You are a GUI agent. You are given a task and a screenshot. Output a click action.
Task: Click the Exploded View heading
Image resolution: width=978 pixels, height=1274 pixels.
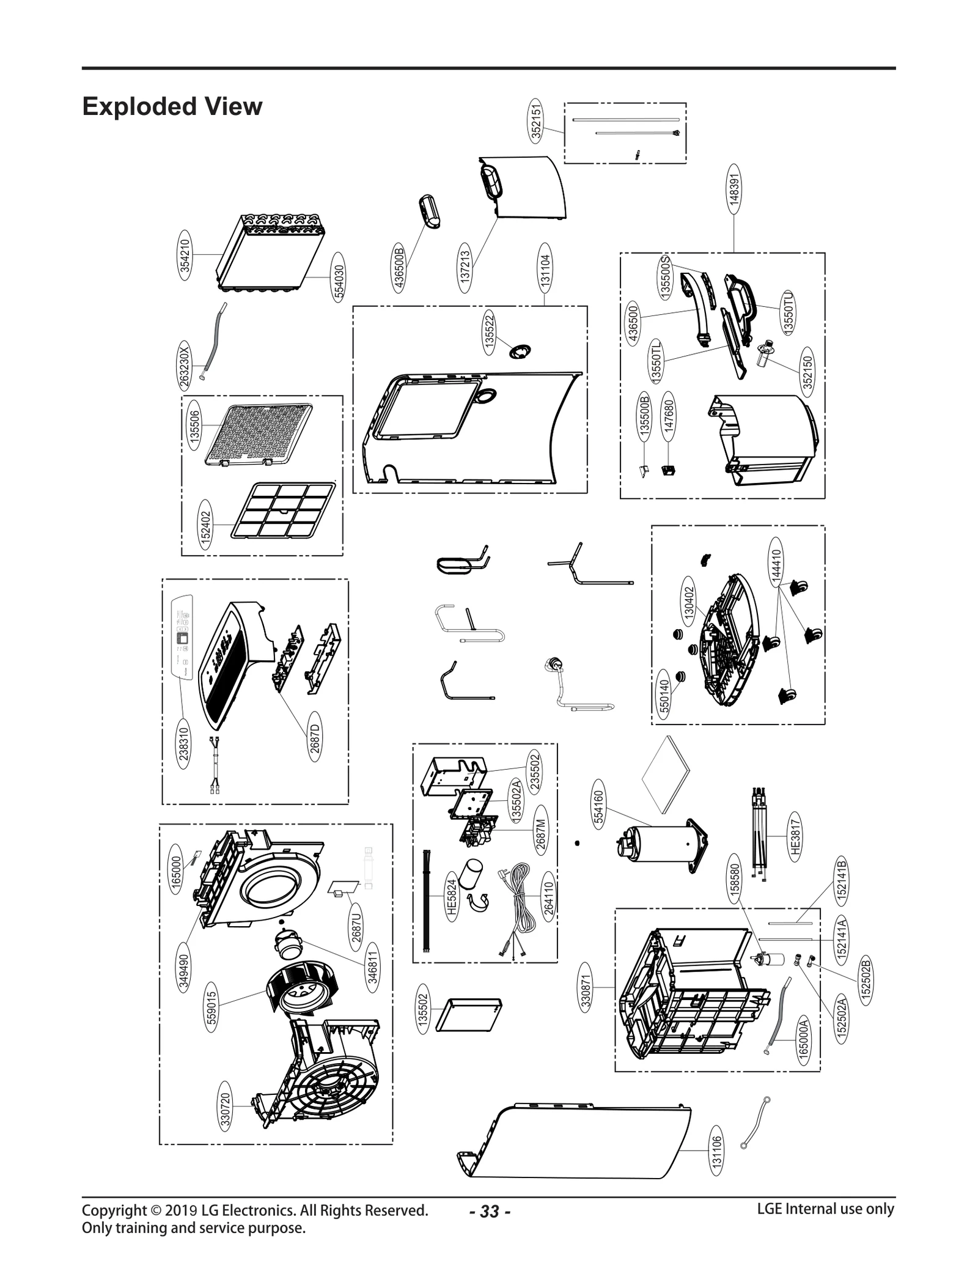pyautogui.click(x=172, y=106)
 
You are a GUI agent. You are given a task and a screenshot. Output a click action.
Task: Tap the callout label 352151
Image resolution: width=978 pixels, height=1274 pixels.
pyautogui.click(x=535, y=121)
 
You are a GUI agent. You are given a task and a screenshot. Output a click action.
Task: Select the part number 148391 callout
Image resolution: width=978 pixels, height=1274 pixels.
pyautogui.click(x=734, y=188)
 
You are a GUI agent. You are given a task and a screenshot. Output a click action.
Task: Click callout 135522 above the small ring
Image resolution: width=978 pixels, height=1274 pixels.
pyautogui.click(x=490, y=332)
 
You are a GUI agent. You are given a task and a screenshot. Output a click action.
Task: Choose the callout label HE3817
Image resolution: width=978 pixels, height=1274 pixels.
pyautogui.click(x=794, y=837)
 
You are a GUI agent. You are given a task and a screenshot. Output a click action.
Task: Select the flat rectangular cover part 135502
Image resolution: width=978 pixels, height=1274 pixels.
pyautogui.click(x=468, y=1016)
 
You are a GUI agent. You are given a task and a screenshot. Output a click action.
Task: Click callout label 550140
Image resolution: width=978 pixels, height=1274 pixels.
pyautogui.click(x=665, y=698)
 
